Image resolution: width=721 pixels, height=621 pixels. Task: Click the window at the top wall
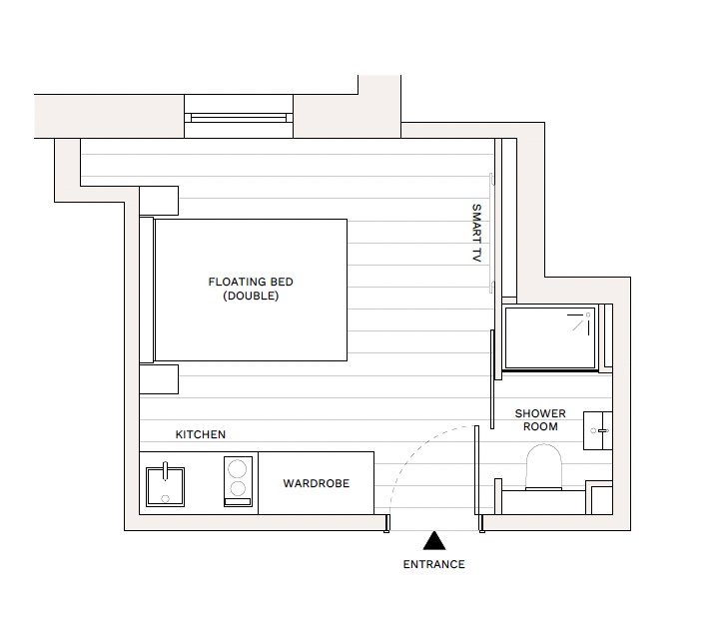click(239, 118)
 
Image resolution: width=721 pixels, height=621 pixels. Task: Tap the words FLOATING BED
click(251, 283)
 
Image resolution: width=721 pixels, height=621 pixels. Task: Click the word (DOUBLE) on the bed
click(251, 297)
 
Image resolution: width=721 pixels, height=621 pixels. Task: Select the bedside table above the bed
click(159, 201)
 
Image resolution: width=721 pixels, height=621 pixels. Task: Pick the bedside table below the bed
click(159, 379)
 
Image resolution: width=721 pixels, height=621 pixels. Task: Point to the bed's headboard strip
click(147, 290)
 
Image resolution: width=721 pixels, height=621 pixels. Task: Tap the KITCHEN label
click(201, 435)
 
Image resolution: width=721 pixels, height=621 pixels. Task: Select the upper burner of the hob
click(238, 467)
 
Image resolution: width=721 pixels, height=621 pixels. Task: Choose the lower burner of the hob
click(238, 489)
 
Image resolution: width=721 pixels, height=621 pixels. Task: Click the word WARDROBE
click(316, 484)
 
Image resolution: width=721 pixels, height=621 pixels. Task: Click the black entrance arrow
click(433, 541)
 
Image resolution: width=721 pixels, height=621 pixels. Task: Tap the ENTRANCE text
click(433, 565)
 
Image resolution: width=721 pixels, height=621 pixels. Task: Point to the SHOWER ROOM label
click(540, 420)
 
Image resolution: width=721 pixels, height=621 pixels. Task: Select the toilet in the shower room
click(545, 465)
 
